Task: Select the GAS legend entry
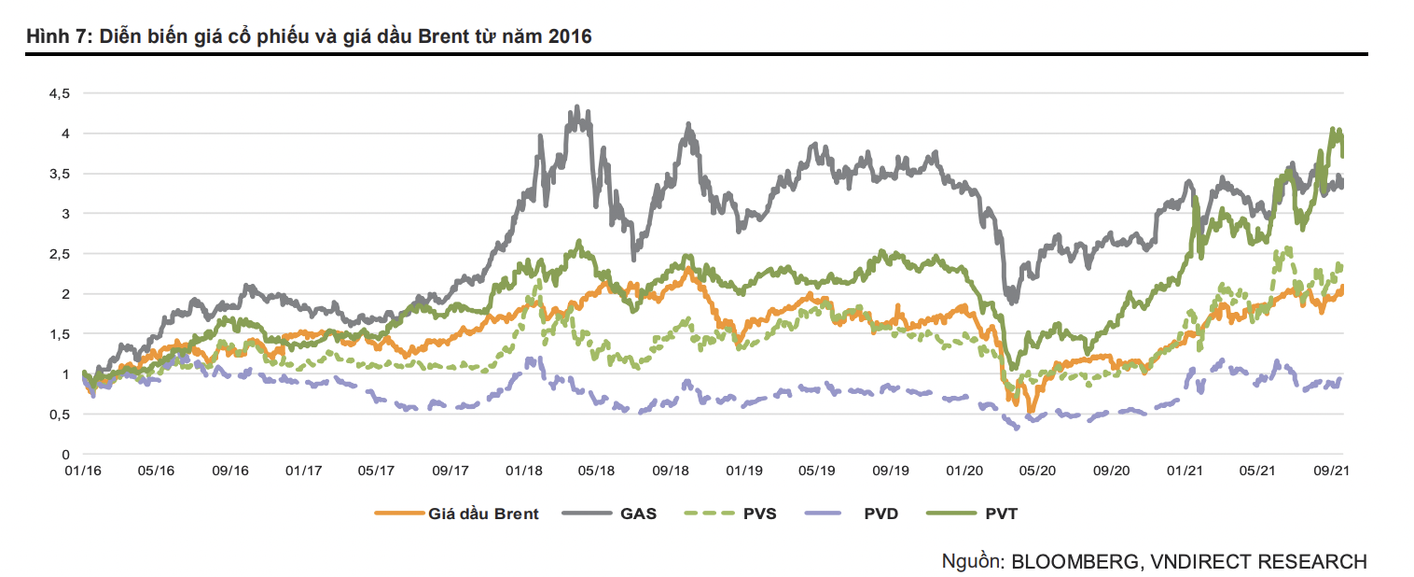(638, 514)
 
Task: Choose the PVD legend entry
(880, 514)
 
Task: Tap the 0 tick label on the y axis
(65, 454)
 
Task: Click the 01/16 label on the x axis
(83, 472)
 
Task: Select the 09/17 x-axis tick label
(451, 472)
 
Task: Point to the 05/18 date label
(596, 472)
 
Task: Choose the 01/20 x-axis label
(964, 472)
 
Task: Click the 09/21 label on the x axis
(1332, 472)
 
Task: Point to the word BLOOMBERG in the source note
(1074, 561)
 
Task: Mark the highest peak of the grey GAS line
(576, 107)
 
